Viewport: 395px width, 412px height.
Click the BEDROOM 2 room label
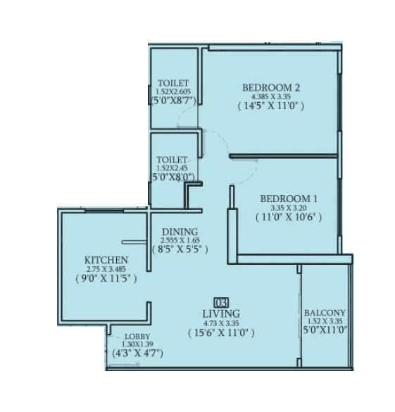pyautogui.click(x=271, y=87)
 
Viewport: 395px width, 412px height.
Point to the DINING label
pyautogui.click(x=180, y=232)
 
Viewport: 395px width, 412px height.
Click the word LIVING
pyautogui.click(x=220, y=313)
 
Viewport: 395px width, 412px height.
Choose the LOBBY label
pyautogui.click(x=137, y=337)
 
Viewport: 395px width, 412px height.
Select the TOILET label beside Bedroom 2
pyautogui.click(x=173, y=82)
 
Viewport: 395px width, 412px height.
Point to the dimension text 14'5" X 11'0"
pyautogui.click(x=271, y=107)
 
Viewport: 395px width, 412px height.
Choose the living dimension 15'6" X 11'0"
pyautogui.click(x=220, y=332)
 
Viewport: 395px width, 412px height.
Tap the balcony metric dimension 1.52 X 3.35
pyautogui.click(x=325, y=322)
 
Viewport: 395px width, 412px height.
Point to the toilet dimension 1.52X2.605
pyautogui.click(x=173, y=91)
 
